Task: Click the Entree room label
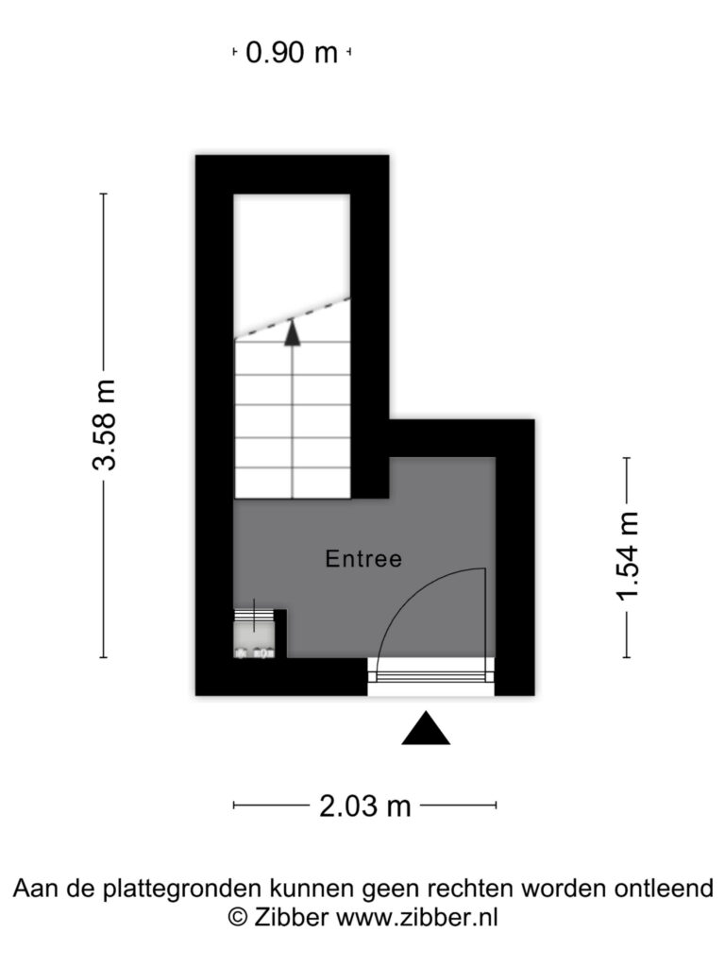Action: [363, 559]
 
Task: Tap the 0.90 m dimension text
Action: [292, 52]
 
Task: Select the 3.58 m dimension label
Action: [104, 425]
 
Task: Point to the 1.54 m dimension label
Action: [627, 555]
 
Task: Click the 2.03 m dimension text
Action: [365, 806]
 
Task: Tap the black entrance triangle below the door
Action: [426, 728]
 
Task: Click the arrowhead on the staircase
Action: [293, 332]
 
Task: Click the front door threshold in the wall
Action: [430, 676]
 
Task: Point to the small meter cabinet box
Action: [254, 634]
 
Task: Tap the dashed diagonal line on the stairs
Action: [293, 318]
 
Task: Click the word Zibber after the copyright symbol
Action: [291, 917]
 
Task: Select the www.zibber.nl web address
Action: [416, 917]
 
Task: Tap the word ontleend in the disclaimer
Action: [664, 889]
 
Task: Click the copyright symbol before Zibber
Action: [238, 917]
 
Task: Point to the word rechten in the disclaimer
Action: [471, 889]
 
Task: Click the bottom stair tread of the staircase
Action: [293, 483]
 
